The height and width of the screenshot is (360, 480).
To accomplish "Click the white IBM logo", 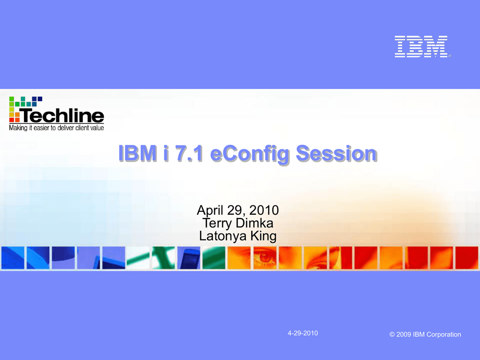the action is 421,46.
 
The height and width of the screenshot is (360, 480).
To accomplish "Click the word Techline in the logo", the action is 62,115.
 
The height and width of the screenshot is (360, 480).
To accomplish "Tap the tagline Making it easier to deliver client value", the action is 56,127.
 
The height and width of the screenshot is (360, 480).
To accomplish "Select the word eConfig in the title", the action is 249,154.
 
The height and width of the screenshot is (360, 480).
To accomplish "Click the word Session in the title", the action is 336,153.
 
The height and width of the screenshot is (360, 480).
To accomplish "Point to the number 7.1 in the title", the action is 189,153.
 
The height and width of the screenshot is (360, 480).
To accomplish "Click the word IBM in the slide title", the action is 137,153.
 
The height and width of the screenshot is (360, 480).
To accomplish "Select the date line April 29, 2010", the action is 238,210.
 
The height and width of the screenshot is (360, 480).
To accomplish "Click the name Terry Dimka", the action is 238,223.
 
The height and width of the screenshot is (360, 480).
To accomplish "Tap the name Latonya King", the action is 238,236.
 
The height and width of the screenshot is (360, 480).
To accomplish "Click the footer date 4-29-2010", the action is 303,333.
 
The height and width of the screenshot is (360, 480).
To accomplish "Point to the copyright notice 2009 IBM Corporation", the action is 425,334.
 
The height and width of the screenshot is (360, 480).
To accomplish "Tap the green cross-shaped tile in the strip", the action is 164,258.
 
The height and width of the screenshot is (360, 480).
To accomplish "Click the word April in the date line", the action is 210,210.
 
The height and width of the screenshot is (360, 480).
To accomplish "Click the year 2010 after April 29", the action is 264,210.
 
